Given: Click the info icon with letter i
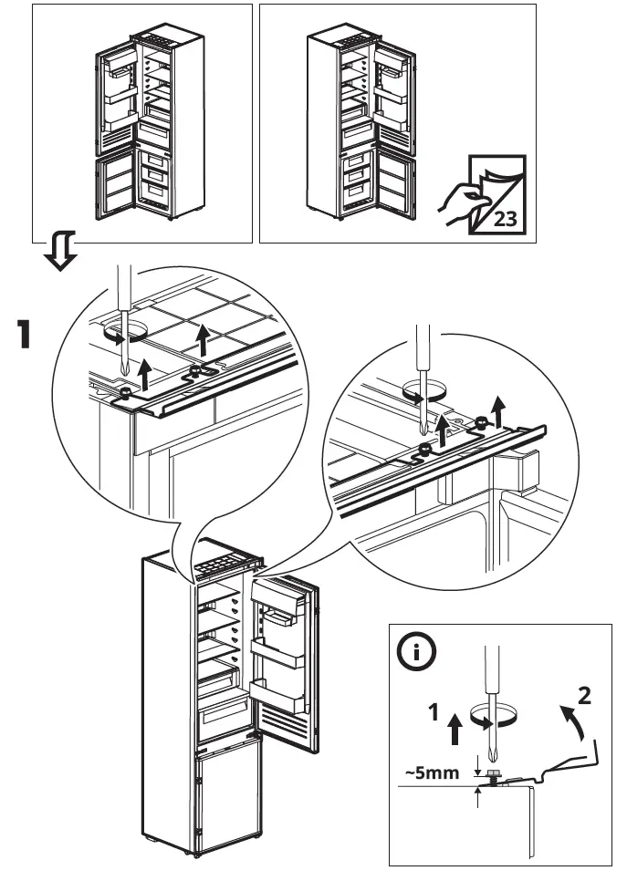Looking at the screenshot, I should point(418,654).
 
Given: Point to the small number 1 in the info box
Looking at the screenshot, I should point(436,712).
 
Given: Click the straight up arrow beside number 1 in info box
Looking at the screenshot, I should point(455,731).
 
